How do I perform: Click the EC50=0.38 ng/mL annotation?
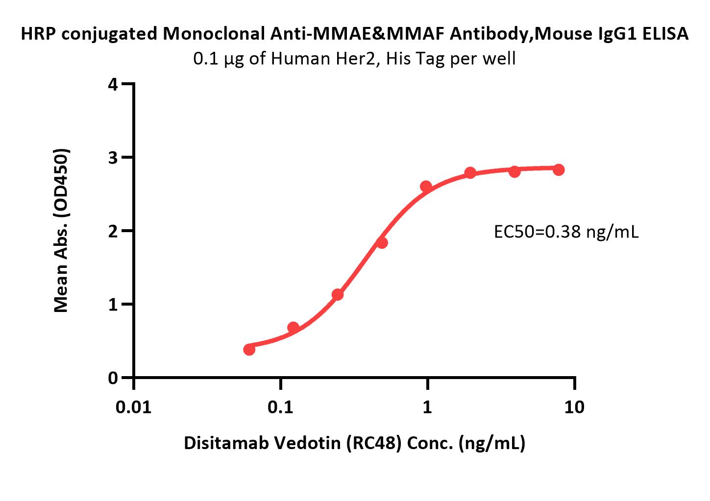566,232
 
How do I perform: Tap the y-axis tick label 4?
113,84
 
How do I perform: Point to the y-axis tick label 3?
113,158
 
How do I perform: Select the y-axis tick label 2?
113,231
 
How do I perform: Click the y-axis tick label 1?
113,305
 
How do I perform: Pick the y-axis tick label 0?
113,378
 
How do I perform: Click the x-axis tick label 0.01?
134,406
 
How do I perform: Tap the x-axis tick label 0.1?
281,406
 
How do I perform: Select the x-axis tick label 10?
574,406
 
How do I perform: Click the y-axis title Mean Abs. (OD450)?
61,230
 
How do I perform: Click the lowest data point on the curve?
249,349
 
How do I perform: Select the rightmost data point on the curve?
558,169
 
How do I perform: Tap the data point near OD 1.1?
337,294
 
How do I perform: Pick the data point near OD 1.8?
382,242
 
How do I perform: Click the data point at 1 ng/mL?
426,186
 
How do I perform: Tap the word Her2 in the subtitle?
364,59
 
